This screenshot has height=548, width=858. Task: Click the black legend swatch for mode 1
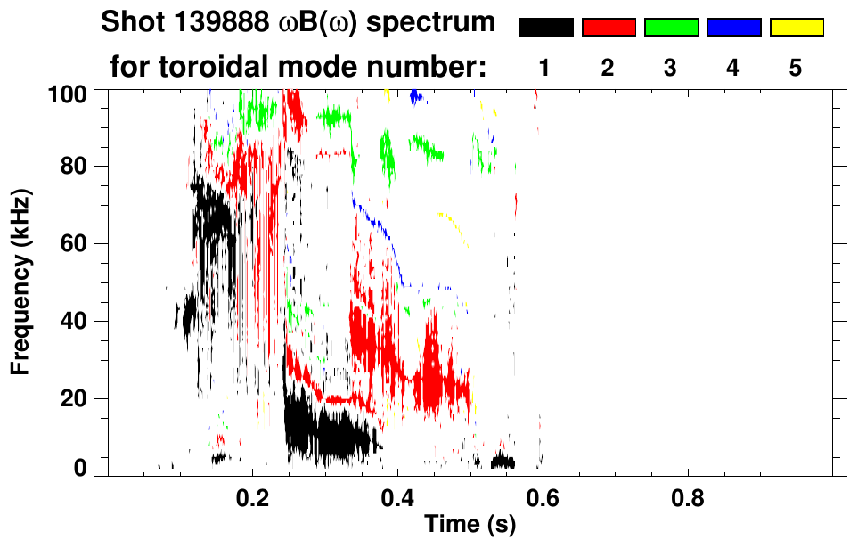point(545,28)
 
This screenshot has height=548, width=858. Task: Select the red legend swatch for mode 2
point(609,28)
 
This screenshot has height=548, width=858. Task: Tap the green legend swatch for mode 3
point(671,28)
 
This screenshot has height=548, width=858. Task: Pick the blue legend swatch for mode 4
point(733,28)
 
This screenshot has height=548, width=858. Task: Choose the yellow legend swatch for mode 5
point(797,28)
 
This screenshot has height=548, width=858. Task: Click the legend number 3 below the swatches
point(671,67)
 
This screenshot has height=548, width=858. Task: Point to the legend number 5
point(797,67)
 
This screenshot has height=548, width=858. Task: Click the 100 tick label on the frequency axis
point(68,93)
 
